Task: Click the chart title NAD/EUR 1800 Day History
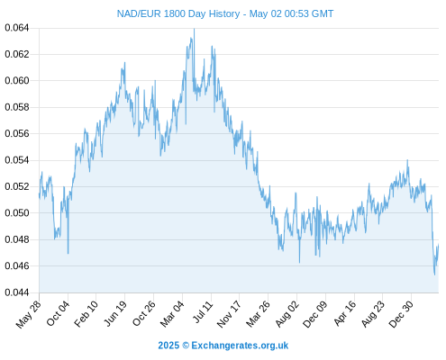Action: point(178,13)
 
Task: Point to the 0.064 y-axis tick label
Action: point(17,28)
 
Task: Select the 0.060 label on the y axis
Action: point(17,81)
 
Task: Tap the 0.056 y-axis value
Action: point(17,133)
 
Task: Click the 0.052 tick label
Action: point(17,186)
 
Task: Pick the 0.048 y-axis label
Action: point(17,239)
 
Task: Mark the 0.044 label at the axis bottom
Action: point(17,292)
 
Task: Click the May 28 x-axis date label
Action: point(28,314)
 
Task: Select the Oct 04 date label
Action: point(58,313)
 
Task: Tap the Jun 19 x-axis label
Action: point(115,313)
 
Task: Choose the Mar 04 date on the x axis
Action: point(172,313)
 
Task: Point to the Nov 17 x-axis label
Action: point(229,314)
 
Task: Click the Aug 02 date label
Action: point(287,313)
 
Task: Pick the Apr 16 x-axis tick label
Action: point(345,313)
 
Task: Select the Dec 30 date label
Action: point(401,314)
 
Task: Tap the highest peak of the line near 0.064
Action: point(194,29)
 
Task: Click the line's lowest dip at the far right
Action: point(434,274)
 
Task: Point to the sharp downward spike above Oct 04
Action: point(68,253)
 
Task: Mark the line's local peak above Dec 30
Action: point(407,160)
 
